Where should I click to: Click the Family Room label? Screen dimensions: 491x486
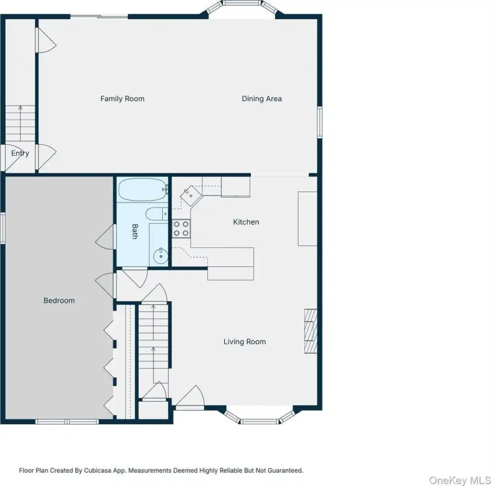click(x=122, y=99)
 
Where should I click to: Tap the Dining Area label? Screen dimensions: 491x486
click(x=262, y=99)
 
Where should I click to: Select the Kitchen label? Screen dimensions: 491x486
click(x=246, y=222)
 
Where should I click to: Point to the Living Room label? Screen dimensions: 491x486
click(x=245, y=342)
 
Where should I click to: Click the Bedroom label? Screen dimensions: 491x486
click(x=59, y=301)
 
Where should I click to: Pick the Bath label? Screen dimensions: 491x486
click(x=135, y=232)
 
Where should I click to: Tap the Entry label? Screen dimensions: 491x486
click(x=20, y=153)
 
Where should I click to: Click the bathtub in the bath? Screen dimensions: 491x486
click(x=143, y=189)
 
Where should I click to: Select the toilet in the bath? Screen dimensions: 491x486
click(x=157, y=214)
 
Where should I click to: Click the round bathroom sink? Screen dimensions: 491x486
click(x=161, y=256)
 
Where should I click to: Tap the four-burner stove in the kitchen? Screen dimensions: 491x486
click(x=181, y=228)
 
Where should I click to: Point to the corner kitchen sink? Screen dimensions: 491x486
click(x=191, y=196)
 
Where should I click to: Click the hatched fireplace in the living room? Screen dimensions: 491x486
click(x=310, y=331)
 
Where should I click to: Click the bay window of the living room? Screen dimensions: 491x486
click(x=260, y=415)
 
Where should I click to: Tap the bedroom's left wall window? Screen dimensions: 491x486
click(x=3, y=228)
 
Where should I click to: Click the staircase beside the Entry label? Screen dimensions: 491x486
click(x=20, y=123)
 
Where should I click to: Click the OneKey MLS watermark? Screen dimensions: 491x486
click(x=460, y=480)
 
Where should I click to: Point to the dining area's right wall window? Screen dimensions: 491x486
click(x=320, y=122)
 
